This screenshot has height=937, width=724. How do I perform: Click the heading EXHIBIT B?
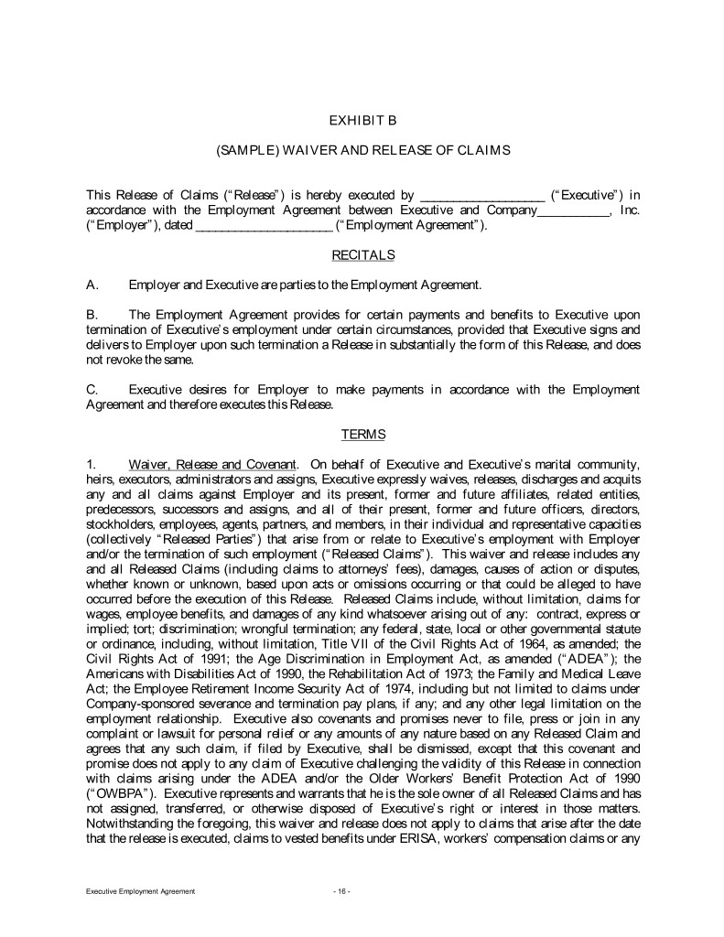(x=362, y=119)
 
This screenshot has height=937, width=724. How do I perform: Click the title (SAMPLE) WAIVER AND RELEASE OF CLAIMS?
(x=362, y=149)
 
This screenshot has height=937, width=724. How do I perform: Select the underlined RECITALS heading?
(x=362, y=253)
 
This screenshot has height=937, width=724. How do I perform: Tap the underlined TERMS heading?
(x=362, y=434)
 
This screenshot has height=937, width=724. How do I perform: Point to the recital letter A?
(x=92, y=285)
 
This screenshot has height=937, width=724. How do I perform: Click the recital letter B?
(x=92, y=315)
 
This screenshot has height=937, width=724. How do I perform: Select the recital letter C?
(x=92, y=389)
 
